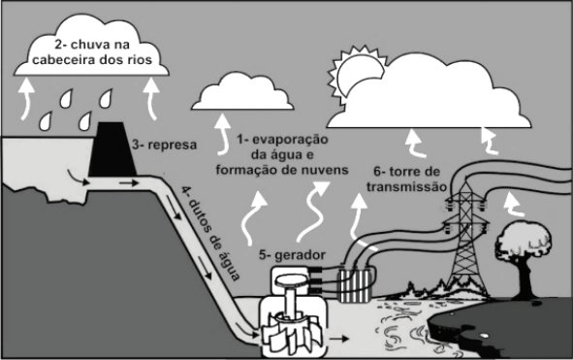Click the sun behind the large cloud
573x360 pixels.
[356, 72]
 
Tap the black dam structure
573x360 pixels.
[112, 150]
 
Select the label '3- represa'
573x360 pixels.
[164, 145]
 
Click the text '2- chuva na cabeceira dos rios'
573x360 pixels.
[92, 52]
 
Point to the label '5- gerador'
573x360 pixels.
[292, 254]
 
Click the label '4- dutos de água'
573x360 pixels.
[210, 234]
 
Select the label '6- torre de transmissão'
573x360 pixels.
[407, 179]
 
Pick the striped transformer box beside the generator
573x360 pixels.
[356, 285]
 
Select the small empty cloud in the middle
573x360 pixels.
[242, 92]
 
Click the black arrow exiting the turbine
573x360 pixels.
[338, 339]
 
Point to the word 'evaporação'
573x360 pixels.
[290, 140]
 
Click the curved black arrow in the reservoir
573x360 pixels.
[78, 177]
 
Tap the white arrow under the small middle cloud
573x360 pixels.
[223, 134]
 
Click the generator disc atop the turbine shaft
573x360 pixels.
[291, 280]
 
